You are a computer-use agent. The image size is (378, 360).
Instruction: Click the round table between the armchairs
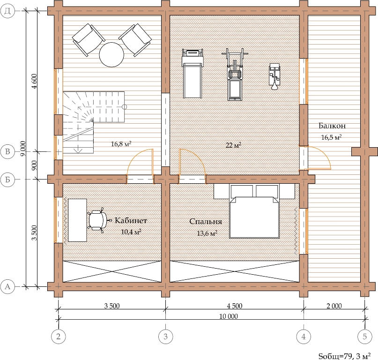point(111,54)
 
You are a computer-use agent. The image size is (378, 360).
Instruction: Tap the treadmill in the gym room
point(193,74)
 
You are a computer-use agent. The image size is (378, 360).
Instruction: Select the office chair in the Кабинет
point(99,220)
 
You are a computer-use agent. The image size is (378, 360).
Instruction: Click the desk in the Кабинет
point(77,220)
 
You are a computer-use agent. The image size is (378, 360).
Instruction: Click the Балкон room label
point(332,126)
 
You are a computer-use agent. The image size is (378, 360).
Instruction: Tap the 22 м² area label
point(233,145)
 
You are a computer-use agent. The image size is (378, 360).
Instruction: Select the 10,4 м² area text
point(131,232)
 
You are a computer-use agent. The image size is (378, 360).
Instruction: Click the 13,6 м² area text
point(207,233)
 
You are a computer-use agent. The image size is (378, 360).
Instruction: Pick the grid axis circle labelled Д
point(7,11)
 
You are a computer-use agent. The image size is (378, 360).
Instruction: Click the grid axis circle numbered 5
point(364,336)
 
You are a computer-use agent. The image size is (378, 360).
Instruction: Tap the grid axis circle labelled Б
point(7,180)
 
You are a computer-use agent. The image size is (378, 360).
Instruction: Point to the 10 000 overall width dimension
point(228,316)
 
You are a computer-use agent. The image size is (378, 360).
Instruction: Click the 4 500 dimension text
point(234,306)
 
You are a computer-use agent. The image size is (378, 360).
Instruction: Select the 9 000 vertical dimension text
point(23,149)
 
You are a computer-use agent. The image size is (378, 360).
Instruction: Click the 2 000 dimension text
point(334,306)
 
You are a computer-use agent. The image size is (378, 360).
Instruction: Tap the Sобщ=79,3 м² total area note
point(344,356)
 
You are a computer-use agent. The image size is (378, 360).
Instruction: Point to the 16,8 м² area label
point(121,144)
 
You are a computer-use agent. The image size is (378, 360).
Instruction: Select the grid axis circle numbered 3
point(165,336)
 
